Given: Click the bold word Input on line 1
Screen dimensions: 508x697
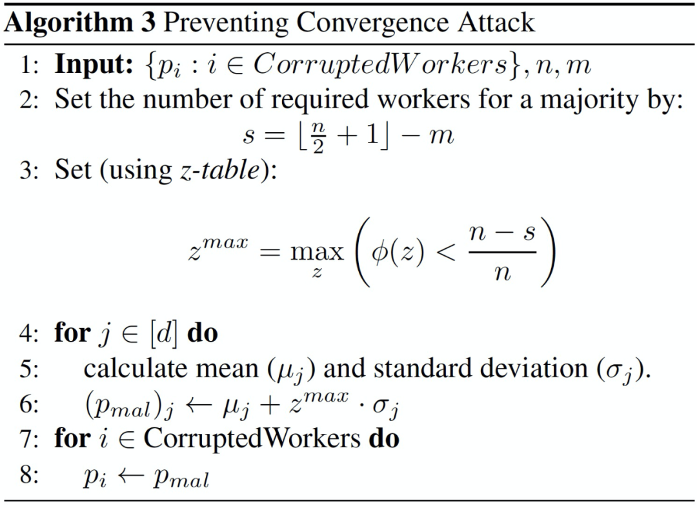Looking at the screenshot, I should click(x=92, y=66).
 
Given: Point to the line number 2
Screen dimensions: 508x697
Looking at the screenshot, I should click(x=29, y=101).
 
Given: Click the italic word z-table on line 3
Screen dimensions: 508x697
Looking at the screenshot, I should click(x=221, y=171).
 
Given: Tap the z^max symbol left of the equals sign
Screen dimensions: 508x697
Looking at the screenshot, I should click(x=217, y=248).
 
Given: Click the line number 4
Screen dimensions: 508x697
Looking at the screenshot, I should click(x=29, y=333).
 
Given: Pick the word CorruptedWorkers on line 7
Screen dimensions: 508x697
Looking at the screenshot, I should click(x=252, y=439).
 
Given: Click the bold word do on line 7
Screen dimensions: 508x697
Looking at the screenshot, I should click(x=383, y=439).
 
